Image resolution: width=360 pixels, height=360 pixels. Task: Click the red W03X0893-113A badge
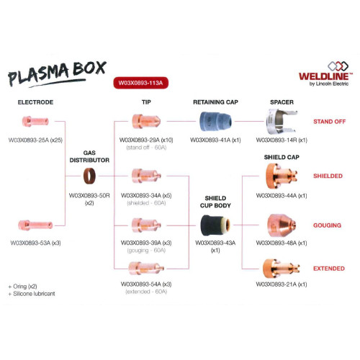pos(140,83)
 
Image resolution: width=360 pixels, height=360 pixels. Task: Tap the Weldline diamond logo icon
pos(338,66)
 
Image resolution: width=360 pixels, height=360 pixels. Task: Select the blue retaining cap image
pos(215,122)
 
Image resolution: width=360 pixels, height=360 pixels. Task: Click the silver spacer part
pos(282,121)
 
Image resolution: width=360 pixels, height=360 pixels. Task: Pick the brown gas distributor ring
pos(89,176)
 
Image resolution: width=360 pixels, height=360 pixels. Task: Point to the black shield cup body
pos(215,225)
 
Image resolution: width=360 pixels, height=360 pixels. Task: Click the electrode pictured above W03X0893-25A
pos(35,121)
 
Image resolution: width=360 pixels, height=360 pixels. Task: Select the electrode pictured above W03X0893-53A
pos(35,225)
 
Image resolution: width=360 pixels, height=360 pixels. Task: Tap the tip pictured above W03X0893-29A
pos(146,121)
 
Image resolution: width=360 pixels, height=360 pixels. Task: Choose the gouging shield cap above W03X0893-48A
pos(282,225)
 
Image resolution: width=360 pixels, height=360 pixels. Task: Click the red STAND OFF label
pos(329,122)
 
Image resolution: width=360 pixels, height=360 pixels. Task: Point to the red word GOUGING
pos(327,225)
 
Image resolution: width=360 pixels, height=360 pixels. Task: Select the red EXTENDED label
pos(329,269)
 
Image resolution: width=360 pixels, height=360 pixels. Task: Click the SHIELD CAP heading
pos(282,157)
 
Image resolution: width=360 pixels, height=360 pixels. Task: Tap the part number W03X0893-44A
pos(276,196)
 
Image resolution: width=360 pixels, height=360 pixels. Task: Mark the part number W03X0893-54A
pos(141,284)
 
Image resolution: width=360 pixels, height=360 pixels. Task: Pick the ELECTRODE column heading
pos(35,102)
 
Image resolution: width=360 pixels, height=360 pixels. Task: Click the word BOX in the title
pos(89,68)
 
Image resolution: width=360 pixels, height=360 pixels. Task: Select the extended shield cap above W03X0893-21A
pos(282,269)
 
